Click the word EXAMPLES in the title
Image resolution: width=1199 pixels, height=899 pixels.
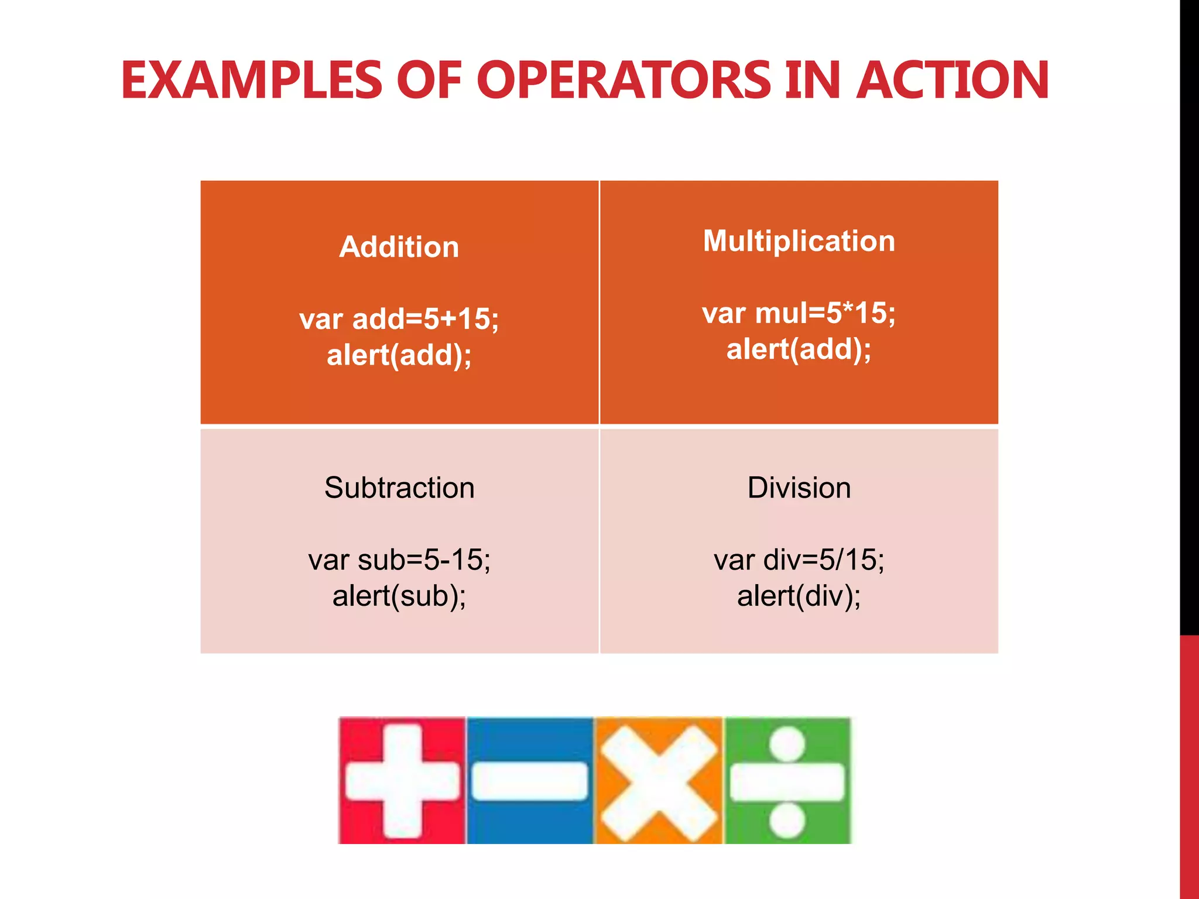pos(252,80)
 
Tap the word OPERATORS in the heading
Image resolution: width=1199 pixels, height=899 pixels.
pos(625,80)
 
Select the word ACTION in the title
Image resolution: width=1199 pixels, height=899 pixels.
pos(953,80)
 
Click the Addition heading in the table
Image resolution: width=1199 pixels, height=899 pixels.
pos(399,247)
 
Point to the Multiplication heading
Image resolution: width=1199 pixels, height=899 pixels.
pos(799,241)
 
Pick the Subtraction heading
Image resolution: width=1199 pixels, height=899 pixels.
pos(399,488)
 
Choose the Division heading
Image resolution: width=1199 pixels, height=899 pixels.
pos(799,488)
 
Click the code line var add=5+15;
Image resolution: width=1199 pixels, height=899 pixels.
pos(399,319)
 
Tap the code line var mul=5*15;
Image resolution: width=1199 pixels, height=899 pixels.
pos(799,313)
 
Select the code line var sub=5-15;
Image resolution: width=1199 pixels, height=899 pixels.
pos(399,560)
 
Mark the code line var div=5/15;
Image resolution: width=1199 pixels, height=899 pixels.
pos(799,560)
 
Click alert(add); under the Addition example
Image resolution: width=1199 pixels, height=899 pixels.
pos(399,355)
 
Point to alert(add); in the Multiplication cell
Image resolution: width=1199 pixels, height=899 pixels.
pos(799,349)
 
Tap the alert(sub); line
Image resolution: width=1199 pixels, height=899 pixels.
pos(399,596)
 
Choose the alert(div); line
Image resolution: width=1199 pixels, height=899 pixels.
pos(799,596)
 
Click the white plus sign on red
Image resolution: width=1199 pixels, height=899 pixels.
pos(402,781)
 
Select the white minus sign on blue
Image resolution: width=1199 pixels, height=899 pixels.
pos(530,781)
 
